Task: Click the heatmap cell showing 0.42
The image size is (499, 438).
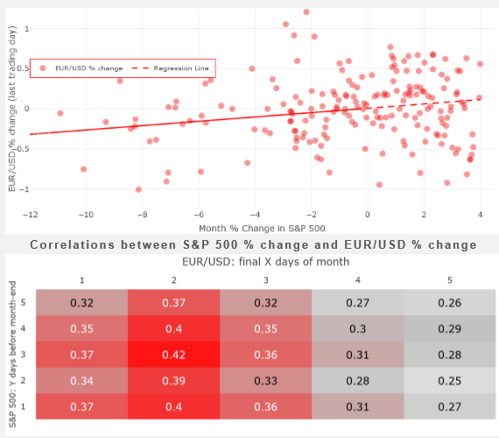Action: click(x=173, y=355)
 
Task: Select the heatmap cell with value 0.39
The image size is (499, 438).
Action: click(x=173, y=381)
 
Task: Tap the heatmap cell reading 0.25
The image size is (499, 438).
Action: click(x=449, y=381)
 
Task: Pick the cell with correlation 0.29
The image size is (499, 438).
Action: click(x=449, y=328)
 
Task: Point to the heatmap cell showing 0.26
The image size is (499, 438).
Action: click(x=449, y=302)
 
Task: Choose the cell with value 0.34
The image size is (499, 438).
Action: click(x=81, y=381)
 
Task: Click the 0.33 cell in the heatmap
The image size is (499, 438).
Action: click(x=266, y=381)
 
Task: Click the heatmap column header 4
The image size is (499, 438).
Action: click(x=358, y=280)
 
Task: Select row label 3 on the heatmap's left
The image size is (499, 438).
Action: click(x=23, y=355)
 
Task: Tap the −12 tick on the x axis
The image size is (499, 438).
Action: click(x=31, y=215)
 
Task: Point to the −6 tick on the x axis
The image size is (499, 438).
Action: click(x=199, y=215)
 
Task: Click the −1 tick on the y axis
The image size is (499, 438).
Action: click(x=25, y=189)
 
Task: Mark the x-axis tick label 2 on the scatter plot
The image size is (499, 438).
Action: click(x=424, y=215)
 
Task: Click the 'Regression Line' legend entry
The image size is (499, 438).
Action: click(x=170, y=68)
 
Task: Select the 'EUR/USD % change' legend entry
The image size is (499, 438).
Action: click(x=81, y=68)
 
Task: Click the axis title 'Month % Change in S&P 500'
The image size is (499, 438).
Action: click(x=262, y=229)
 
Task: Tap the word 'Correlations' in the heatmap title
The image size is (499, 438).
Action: click(x=73, y=244)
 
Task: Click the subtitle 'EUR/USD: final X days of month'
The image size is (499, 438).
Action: click(x=266, y=262)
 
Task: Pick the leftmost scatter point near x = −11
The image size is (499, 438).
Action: click(x=60, y=113)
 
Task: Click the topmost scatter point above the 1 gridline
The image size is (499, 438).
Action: click(x=306, y=12)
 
